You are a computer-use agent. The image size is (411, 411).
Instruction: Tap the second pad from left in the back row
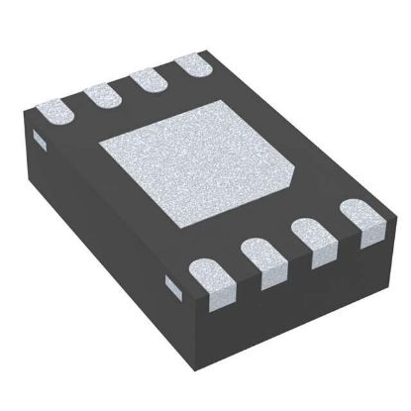(x=100, y=94)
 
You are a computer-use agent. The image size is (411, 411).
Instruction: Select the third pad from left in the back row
(x=145, y=80)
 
